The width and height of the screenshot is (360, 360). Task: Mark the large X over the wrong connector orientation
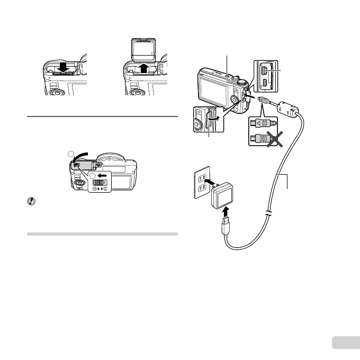click(x=275, y=140)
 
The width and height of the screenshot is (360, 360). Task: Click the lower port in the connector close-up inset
click(x=265, y=84)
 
